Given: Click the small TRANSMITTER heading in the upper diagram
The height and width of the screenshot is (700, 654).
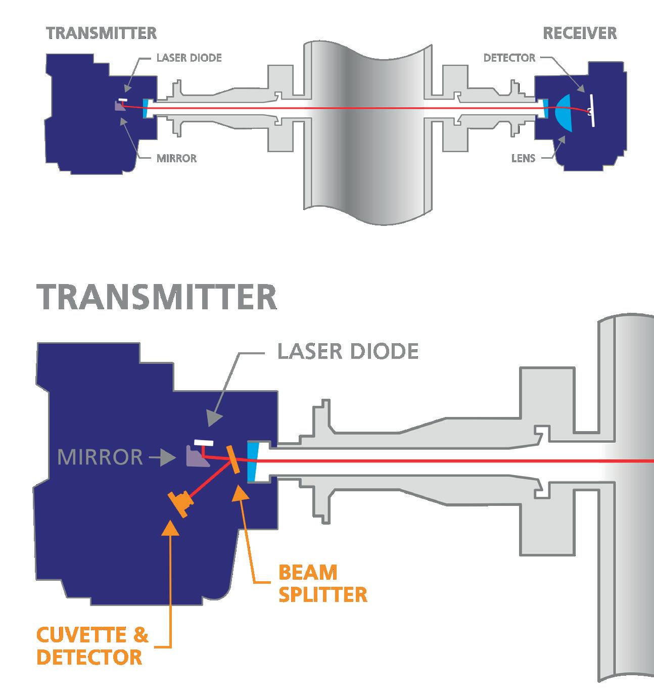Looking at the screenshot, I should tap(101, 33).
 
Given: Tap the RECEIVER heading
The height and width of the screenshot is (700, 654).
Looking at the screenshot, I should tap(580, 33).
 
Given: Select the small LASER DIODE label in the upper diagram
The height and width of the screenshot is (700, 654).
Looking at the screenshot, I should tap(189, 58).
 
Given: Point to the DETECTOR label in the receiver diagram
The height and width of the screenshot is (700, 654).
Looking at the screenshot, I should tap(509, 58).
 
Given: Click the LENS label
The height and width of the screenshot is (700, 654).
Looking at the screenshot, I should tap(523, 158).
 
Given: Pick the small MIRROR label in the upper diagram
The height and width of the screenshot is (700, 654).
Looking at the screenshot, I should tap(176, 158).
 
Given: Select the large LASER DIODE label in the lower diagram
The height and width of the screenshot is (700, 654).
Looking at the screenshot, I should tap(348, 351).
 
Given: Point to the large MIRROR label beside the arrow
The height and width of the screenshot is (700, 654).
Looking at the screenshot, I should tap(100, 457).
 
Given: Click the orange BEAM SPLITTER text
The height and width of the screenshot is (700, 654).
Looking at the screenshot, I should tap(322, 584).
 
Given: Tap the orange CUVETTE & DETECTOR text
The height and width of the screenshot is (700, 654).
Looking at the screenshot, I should tap(92, 646).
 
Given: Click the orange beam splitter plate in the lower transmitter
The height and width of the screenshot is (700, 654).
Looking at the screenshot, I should tap(233, 459).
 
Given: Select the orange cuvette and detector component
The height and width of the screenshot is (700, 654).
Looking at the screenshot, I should tap(180, 504).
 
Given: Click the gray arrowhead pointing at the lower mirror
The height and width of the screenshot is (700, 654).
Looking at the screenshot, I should tap(169, 458).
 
